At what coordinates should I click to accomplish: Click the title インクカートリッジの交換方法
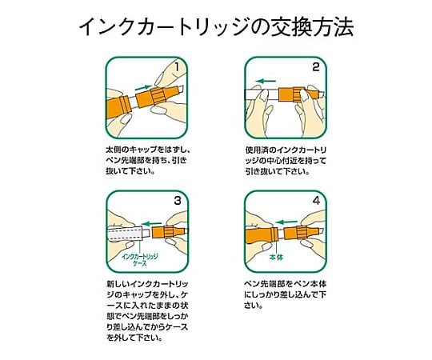(x=216, y=26)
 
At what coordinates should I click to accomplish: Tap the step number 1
(x=177, y=67)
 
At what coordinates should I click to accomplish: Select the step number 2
(x=316, y=67)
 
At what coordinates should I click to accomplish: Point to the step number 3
(x=178, y=201)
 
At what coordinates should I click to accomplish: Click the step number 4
(x=317, y=201)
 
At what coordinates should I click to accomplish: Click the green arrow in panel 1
(x=143, y=87)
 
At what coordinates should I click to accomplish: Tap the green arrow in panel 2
(x=266, y=81)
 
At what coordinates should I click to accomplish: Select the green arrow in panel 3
(x=151, y=223)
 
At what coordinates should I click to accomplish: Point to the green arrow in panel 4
(x=286, y=222)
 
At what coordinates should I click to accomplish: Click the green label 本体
(x=276, y=258)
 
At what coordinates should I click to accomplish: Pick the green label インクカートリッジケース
(x=140, y=260)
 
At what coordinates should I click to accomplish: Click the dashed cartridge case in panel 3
(x=126, y=234)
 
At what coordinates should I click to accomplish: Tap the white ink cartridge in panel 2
(x=262, y=94)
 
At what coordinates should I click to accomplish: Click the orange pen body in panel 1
(x=118, y=107)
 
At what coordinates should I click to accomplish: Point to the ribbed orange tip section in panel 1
(x=157, y=97)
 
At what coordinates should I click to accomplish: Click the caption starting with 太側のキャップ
(x=147, y=161)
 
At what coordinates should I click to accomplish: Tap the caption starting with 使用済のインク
(x=286, y=161)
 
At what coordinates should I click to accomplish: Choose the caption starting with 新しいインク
(x=148, y=310)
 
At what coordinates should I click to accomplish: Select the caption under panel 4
(x=285, y=294)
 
